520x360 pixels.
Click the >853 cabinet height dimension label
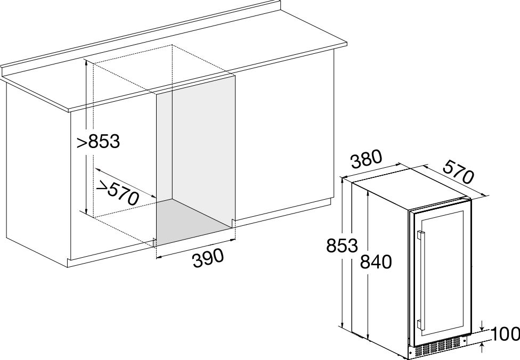point(98,142)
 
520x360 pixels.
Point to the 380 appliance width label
point(367,159)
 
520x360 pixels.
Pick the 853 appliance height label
point(342,246)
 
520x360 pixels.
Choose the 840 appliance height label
point(376,261)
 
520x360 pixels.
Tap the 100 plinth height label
point(506,334)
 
